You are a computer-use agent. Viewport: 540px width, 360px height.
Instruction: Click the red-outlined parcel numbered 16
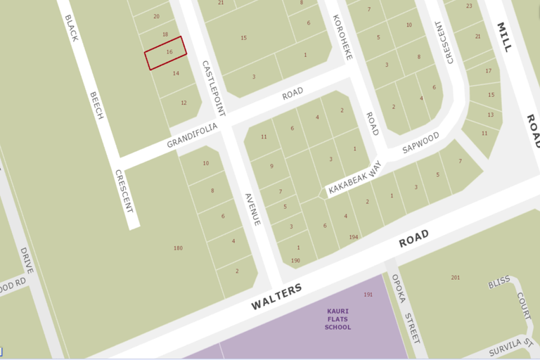(x=167, y=53)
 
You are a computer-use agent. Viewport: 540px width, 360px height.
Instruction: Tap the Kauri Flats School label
(x=339, y=319)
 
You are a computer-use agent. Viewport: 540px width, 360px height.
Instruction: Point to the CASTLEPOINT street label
(x=213, y=88)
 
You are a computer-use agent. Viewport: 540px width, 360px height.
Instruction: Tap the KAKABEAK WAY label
(x=354, y=179)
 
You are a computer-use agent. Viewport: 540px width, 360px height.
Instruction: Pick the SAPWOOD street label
(x=420, y=142)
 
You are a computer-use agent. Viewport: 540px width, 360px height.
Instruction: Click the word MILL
(x=504, y=38)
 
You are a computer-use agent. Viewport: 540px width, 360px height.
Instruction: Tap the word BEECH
(x=96, y=105)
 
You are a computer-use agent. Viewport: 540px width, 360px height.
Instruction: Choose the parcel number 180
(x=178, y=248)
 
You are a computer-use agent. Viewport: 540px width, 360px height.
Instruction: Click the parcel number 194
(x=353, y=238)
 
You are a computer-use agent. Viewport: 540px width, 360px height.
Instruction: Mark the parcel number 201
(x=456, y=278)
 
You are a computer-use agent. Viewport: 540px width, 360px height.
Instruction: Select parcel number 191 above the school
(x=368, y=294)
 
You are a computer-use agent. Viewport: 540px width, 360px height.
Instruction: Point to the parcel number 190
(x=295, y=261)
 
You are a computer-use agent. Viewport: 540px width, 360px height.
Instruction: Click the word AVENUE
(x=252, y=209)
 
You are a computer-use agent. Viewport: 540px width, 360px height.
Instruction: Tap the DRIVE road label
(x=27, y=261)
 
